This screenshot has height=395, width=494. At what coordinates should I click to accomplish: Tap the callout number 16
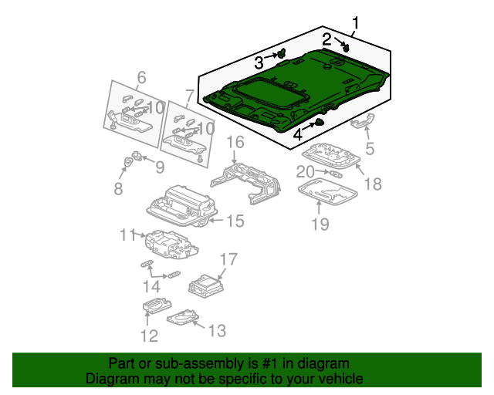235,143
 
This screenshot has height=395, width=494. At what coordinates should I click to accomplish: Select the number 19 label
320,224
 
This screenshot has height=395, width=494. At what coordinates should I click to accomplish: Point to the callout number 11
127,234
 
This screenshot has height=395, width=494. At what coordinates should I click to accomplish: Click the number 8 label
118,189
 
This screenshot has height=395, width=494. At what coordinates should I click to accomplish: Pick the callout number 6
141,77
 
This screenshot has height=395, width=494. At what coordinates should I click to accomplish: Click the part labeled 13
181,316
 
